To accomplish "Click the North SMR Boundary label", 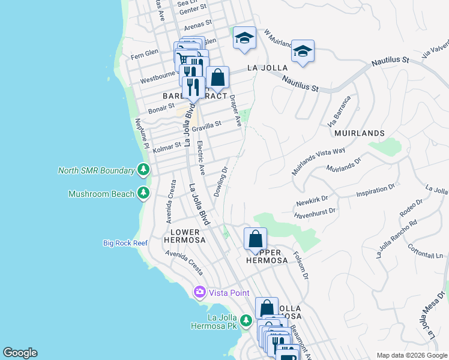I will pyautogui.click(x=96, y=170).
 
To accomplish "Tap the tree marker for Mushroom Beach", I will pyautogui.click(x=143, y=193).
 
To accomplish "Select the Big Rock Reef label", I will pyautogui.click(x=125, y=243).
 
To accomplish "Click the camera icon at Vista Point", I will pyautogui.click(x=199, y=293).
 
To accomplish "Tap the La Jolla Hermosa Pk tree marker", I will pyautogui.click(x=246, y=322).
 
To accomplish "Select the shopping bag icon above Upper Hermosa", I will pyautogui.click(x=255, y=239).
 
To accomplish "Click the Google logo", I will pyautogui.click(x=20, y=353).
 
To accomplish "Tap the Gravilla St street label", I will pyautogui.click(x=207, y=124).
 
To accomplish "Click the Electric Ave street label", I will pyautogui.click(x=202, y=158).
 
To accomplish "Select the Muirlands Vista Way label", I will pyautogui.click(x=319, y=161).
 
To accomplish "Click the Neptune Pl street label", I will pyautogui.click(x=142, y=130).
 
